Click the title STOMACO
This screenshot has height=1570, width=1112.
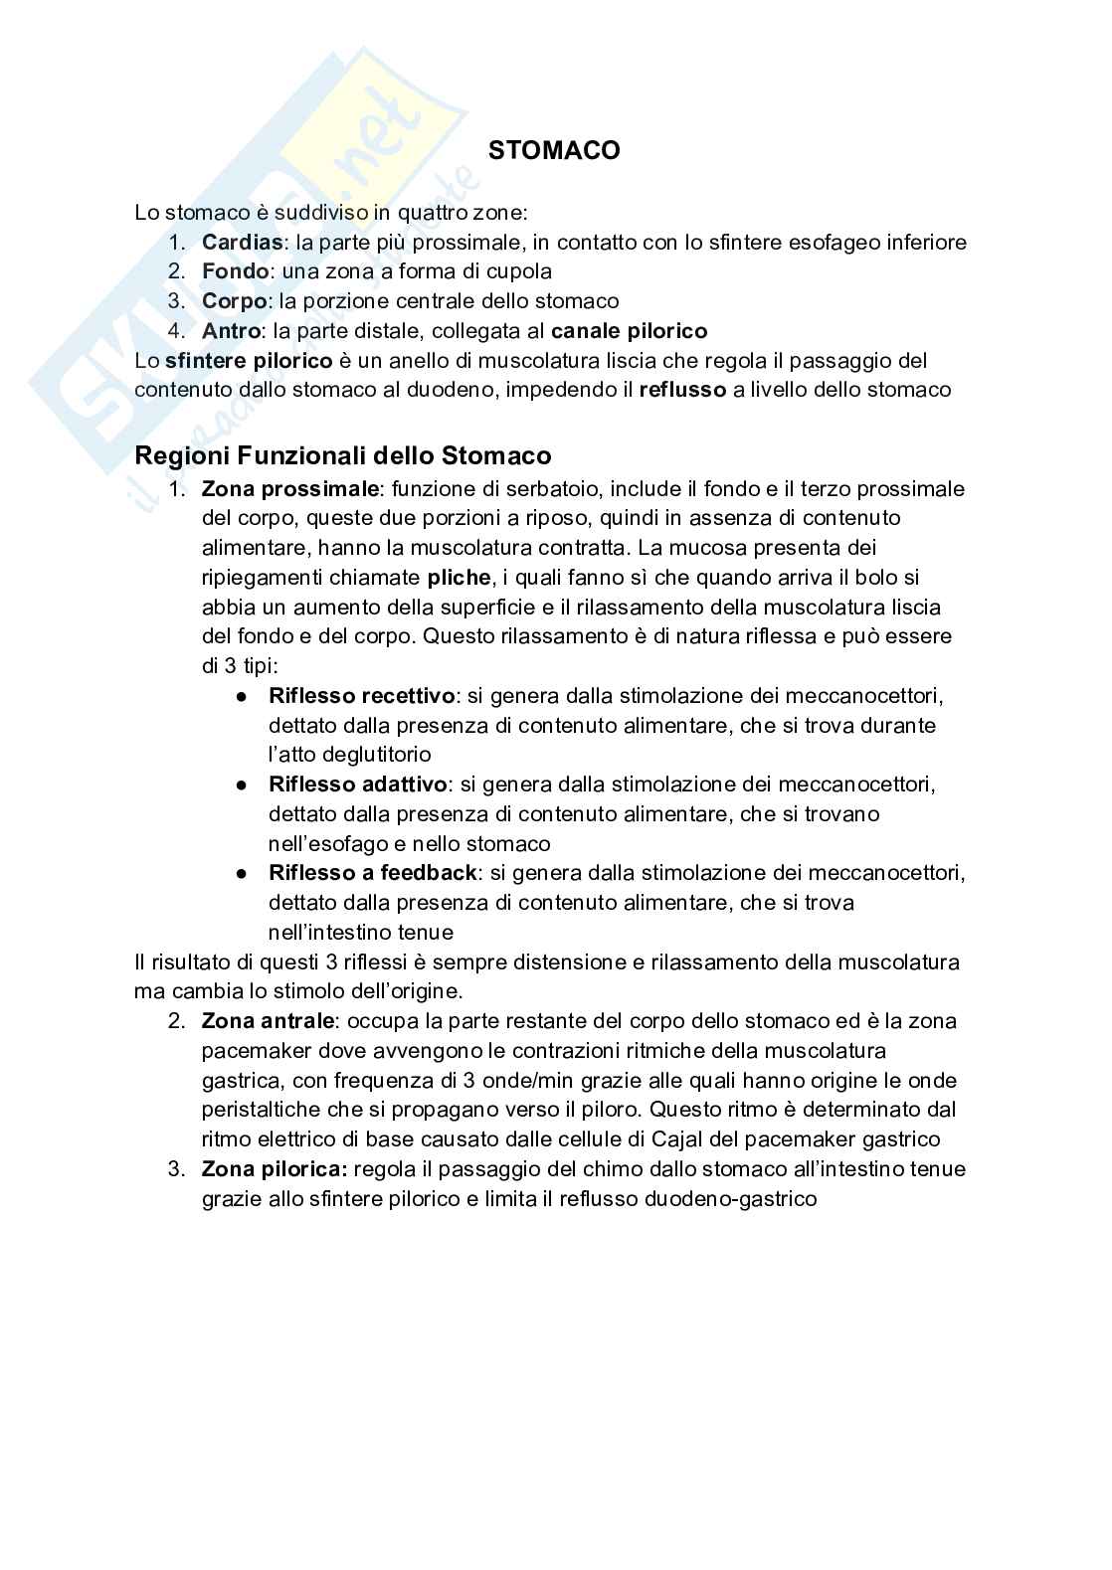[x=554, y=150]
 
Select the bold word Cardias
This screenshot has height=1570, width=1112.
[x=242, y=242]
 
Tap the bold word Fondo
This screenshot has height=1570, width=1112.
[x=235, y=271]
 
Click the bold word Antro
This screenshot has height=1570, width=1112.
[x=232, y=331]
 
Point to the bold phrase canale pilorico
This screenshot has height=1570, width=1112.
[x=629, y=331]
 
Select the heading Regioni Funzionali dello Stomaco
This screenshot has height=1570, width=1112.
[x=342, y=455]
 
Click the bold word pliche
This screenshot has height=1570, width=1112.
[x=459, y=578]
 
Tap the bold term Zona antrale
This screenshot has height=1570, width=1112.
[x=270, y=1021]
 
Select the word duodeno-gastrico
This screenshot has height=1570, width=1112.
[x=731, y=1199]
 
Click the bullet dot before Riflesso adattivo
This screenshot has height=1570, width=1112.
[x=242, y=785]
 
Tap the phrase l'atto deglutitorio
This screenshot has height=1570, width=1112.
[x=350, y=755]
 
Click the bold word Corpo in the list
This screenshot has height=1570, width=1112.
[x=235, y=301]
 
